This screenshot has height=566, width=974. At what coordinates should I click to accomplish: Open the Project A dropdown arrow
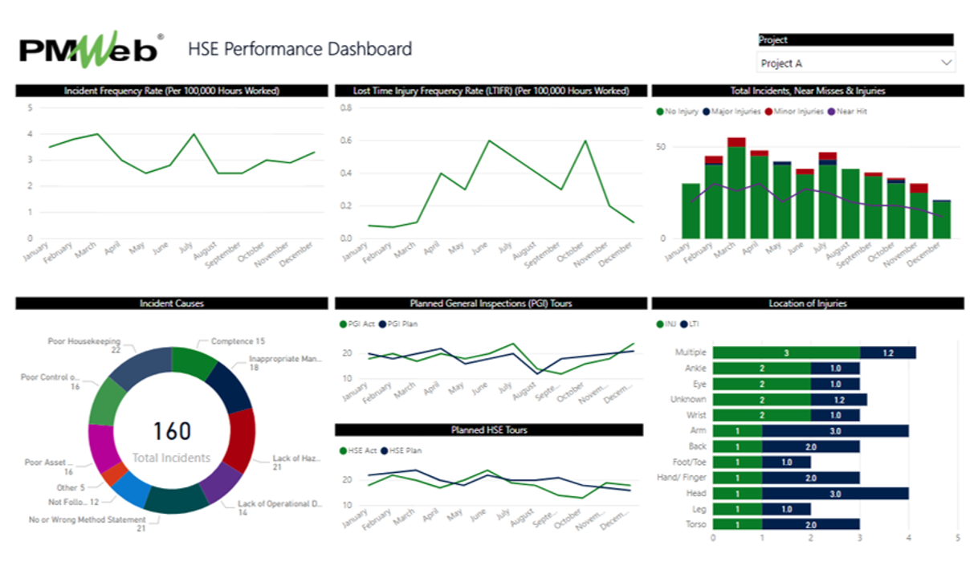(x=946, y=63)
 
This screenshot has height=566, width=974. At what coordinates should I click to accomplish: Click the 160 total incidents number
(x=172, y=431)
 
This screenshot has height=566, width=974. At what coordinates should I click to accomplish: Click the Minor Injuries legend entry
(x=794, y=112)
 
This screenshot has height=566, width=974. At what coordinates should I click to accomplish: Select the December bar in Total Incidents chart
(x=941, y=219)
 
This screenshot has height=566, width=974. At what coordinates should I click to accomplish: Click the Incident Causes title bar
(x=172, y=303)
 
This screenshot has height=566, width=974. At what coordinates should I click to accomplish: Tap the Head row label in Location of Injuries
(x=696, y=493)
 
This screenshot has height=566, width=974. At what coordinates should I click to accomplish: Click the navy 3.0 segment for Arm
(x=835, y=431)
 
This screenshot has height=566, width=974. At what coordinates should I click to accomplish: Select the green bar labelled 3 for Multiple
(x=786, y=352)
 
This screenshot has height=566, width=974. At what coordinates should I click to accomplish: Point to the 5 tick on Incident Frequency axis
(x=31, y=108)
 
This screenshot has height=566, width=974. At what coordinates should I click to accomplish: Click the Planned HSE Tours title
(x=489, y=430)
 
